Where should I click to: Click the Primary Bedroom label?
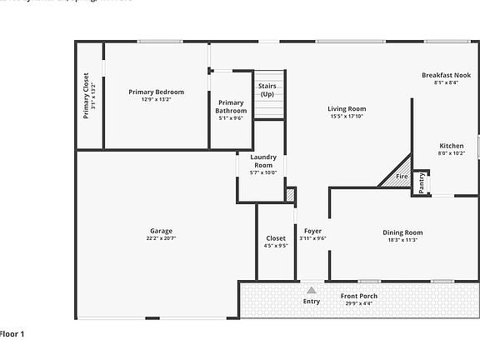[x=156, y=92]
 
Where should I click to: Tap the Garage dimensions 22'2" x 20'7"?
[x=161, y=238]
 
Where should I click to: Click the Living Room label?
[x=346, y=108]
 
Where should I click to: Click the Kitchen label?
[x=451, y=145]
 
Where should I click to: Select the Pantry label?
[x=422, y=182]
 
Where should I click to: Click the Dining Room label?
[x=402, y=232]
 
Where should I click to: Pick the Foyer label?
[x=312, y=231]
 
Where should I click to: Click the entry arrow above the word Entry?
[x=311, y=290]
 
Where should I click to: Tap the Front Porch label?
[x=359, y=296]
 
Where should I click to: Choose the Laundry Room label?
[x=263, y=160]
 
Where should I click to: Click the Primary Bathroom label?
[x=231, y=107]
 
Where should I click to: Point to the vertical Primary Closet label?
[x=86, y=96]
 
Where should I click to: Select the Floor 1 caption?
[x=12, y=334]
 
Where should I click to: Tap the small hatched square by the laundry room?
[x=290, y=195]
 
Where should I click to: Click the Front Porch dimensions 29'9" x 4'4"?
[x=359, y=303]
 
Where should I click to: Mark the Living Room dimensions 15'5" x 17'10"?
[x=346, y=116]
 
